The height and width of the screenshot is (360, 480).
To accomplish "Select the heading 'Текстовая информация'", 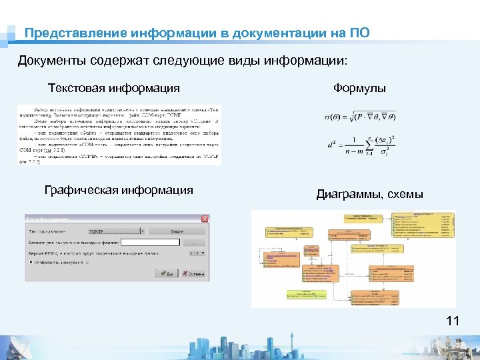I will click(x=114, y=88).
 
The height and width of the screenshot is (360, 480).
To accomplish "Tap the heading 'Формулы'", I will click(x=359, y=88).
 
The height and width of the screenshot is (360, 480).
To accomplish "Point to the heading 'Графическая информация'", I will click(x=119, y=191).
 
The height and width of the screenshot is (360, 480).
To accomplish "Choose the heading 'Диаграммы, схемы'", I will click(x=370, y=195).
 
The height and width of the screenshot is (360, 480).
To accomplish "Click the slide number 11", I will click(x=453, y=322).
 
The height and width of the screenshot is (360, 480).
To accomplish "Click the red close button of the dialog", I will click(x=204, y=219).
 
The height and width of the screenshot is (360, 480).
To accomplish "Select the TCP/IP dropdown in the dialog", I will click(x=117, y=231).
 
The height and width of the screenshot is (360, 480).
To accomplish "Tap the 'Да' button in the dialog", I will click(x=165, y=273).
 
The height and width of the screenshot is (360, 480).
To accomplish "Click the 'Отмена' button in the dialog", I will click(x=193, y=273).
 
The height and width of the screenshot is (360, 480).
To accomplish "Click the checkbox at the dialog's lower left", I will click(x=31, y=262).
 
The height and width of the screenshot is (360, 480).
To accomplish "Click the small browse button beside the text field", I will click(x=195, y=242).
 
